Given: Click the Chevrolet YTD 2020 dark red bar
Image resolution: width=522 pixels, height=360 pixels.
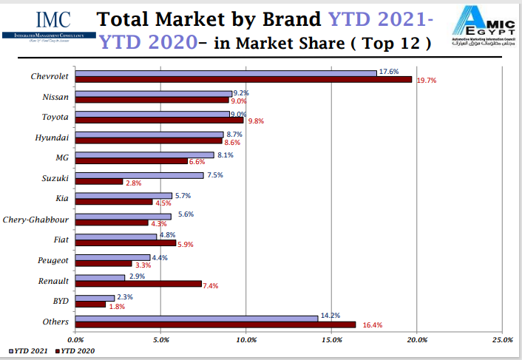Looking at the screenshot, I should point(244,79).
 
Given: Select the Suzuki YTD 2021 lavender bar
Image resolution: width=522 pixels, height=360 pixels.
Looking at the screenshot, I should point(140,175).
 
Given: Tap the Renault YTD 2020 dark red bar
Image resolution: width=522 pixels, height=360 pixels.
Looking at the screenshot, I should point(139,283).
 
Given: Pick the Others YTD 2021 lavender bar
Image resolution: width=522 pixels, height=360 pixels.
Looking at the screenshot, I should point(197,319).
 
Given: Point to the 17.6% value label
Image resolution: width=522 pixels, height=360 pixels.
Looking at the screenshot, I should point(389,72).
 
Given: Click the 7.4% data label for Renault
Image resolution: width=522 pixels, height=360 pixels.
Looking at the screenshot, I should point(211,286).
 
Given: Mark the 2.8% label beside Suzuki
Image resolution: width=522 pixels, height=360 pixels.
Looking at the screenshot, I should point(133,183).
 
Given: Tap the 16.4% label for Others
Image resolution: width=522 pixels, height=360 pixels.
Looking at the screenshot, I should point(373,325).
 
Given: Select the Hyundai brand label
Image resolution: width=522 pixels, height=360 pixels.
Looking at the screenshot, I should point(52,137).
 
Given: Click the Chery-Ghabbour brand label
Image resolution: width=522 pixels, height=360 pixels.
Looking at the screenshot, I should point(36,220).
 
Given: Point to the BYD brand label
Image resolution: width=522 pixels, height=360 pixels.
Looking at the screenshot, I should point(60,302).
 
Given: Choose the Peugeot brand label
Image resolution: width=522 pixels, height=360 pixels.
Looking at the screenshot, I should point(53,260).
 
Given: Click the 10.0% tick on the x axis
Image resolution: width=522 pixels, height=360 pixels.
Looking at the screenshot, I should point(246,339).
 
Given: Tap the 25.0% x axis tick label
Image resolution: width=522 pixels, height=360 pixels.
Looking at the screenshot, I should point(502,339).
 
